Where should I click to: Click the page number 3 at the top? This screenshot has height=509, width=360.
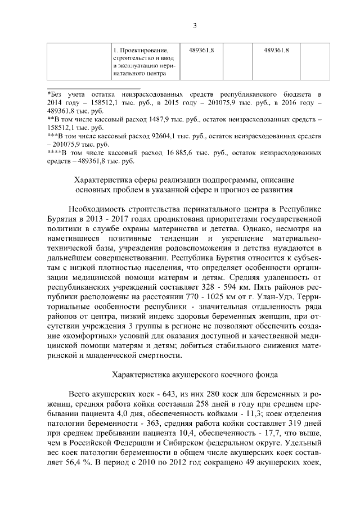coord(195,25)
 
